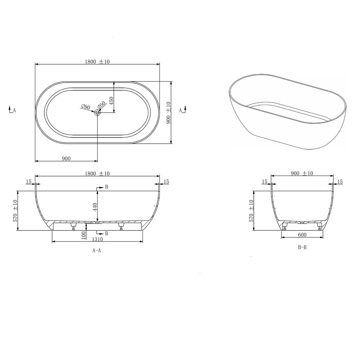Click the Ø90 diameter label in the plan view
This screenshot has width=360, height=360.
[x=85, y=107]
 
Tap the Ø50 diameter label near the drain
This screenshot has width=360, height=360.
[x=102, y=105]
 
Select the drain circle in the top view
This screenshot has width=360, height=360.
[x=98, y=113]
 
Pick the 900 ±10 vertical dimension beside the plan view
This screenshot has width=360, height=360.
[x=168, y=113]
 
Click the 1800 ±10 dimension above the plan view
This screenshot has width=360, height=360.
[x=97, y=62]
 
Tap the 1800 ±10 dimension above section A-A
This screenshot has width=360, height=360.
[x=97, y=174]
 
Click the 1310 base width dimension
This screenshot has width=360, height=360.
[x=97, y=239]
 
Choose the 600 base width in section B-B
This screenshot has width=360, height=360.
[x=302, y=235]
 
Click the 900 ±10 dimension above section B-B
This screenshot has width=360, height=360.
[x=302, y=173]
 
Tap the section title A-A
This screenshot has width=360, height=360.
[x=96, y=251]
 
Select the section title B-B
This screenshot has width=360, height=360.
[x=302, y=247]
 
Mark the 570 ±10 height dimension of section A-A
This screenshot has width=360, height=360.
[x=15, y=211]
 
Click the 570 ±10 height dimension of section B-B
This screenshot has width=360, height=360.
[x=251, y=211]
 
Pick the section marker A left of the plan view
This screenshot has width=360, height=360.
[x=12, y=110]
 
